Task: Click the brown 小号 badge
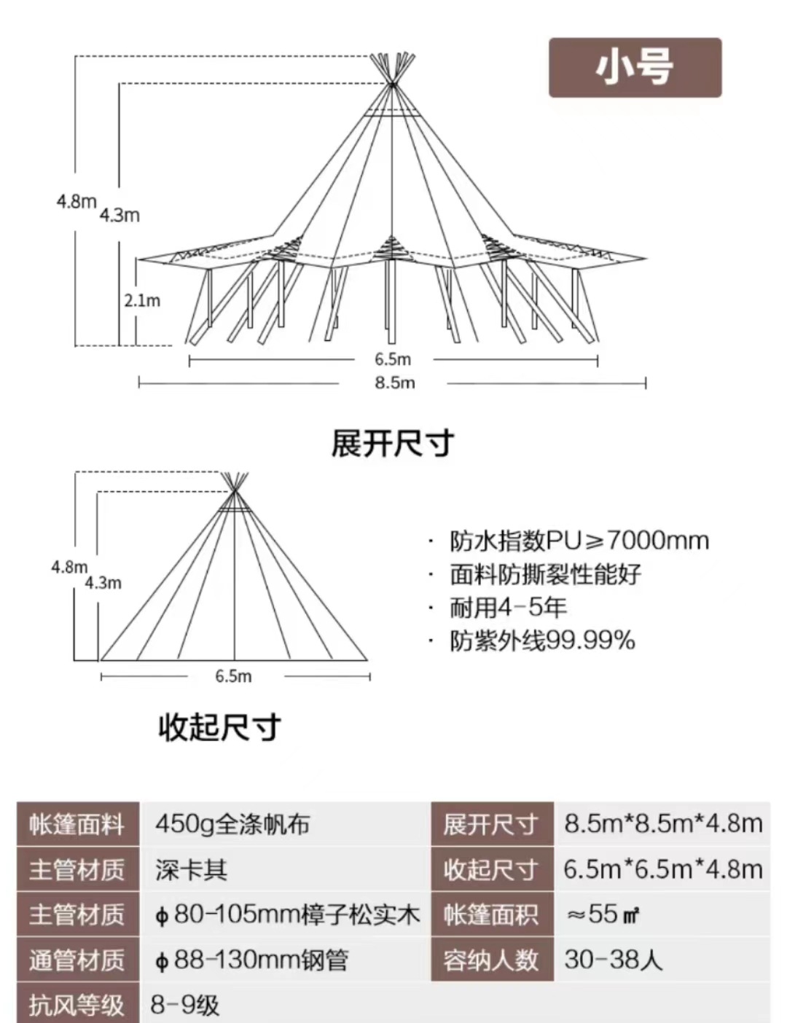635,68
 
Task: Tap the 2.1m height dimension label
142,300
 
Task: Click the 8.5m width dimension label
394,383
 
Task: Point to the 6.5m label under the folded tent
233,676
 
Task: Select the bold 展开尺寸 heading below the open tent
393,443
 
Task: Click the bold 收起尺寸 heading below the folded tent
219,726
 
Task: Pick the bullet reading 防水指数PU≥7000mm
579,541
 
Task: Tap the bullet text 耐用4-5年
508,607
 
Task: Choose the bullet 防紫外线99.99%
542,640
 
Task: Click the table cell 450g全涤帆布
232,824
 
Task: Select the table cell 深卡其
191,869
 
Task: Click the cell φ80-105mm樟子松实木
287,914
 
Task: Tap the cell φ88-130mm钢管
251,960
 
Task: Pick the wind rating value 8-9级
184,1006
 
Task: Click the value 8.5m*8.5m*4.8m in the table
663,824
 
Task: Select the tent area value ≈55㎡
603,914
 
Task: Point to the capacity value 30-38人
613,960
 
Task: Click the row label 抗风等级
77,1006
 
